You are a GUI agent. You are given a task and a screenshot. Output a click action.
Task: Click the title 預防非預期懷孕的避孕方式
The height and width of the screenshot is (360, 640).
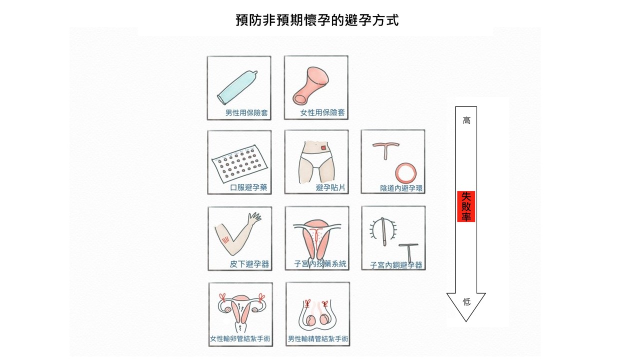pos(317,20)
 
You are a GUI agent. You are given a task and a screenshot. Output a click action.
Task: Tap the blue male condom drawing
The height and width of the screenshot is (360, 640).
pos(237,87)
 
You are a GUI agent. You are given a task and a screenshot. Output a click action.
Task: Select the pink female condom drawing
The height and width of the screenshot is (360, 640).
pos(310,85)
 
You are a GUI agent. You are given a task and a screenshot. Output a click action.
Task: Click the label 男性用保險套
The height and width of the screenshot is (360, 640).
pos(246,113)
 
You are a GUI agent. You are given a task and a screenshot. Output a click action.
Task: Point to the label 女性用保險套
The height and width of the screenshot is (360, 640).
pos(322,113)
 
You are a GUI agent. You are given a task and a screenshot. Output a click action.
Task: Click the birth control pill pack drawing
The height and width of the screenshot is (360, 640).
pos(239,163)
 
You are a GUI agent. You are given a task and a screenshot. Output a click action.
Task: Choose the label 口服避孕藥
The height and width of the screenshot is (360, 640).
pos(248,187)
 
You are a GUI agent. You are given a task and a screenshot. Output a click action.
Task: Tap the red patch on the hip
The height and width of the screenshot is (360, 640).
pos(323,147)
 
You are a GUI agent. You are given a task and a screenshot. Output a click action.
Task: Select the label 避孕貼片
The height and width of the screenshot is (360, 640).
pos(330,187)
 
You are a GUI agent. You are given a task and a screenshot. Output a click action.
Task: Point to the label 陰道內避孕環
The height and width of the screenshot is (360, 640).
pos(401,188)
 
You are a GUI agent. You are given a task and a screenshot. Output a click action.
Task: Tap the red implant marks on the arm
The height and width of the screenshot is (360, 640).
pos(225,239)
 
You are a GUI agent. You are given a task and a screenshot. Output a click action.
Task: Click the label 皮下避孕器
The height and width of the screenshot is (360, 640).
pos(249,264)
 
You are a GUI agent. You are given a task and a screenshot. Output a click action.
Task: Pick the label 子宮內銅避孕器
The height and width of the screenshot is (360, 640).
pos(396,265)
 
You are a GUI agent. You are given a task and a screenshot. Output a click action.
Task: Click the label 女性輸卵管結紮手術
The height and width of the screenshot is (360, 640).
pos(240,339)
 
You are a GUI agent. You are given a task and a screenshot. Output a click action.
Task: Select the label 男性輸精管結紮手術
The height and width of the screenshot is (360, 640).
pos(318,339)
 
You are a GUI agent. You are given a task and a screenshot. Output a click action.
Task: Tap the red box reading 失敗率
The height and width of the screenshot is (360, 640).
pos(466,206)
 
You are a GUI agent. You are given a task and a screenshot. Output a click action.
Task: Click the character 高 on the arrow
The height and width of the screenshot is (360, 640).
pos(466,120)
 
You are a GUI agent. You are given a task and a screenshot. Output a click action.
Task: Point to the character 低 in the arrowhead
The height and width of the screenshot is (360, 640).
pos(466,301)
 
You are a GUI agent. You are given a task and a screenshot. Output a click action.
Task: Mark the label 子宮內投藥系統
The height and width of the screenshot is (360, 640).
pos(320,264)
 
